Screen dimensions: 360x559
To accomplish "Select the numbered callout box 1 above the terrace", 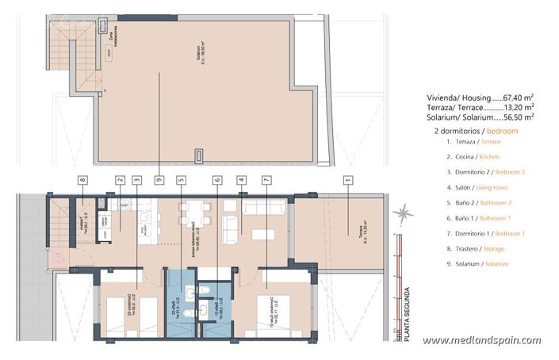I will pos(347,180).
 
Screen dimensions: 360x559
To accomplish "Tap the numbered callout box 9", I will pos(159,180).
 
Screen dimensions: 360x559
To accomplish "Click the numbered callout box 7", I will pos(266,180).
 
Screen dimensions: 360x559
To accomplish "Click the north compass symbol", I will pos(404,212).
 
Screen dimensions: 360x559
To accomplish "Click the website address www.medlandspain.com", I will pos(481,341).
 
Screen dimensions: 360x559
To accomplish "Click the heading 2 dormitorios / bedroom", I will pos(476,129).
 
